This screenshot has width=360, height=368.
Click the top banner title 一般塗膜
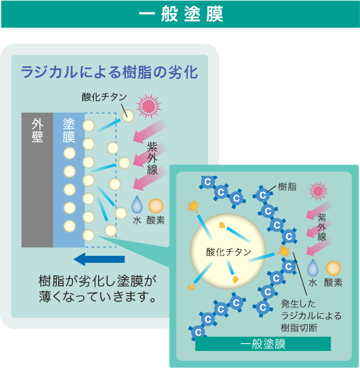pos(181,14)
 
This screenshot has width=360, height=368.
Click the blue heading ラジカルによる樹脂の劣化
pos(110,72)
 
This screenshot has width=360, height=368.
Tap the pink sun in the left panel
pos(149,106)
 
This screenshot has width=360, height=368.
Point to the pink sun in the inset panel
pos(318,191)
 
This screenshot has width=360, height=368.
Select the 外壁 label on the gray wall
pos(38,130)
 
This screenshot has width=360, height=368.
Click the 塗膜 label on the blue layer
pos(68,130)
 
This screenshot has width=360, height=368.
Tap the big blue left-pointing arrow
pos(99,259)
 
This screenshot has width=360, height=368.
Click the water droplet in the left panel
pos(137,205)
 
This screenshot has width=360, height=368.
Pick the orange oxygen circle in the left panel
pos(156,206)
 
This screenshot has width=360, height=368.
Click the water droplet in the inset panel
pos(313,268)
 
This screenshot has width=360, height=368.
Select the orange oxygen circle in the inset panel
pos(333,268)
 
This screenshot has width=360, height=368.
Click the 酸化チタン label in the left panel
pos(104,97)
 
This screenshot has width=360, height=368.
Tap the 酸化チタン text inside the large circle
pos(229,252)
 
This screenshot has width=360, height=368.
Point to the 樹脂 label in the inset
pos(288,187)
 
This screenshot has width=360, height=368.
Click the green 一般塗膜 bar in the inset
pos(263,344)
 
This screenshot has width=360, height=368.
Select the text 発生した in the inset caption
pos(299,303)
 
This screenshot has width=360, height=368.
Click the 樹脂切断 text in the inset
pos(299,328)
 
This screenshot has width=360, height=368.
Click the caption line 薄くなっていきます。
pos(97,296)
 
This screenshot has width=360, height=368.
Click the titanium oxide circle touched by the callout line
pos(128,116)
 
